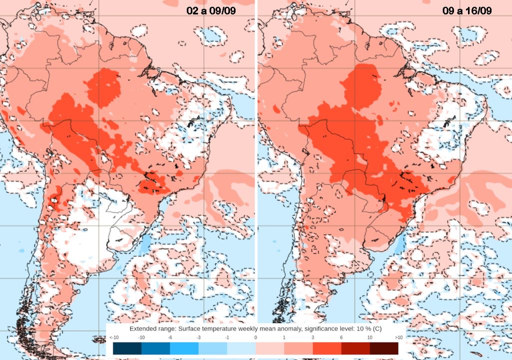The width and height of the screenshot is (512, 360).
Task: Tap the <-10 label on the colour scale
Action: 113,338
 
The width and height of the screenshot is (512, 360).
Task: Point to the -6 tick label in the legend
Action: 170,338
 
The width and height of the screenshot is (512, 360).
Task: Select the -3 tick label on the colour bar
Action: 199,338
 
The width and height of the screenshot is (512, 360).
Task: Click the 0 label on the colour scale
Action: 256,338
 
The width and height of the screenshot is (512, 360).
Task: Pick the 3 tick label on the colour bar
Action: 313,338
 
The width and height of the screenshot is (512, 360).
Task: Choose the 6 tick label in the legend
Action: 341,338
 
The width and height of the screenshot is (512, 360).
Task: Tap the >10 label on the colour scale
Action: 398,338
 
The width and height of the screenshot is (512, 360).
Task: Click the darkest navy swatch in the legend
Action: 127,348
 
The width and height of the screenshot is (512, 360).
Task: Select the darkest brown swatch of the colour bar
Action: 384,348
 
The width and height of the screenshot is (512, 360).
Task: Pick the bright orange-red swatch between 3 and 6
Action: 327,348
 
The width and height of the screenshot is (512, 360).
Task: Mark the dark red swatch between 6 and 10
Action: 355,348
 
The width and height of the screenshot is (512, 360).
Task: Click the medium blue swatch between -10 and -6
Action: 156,348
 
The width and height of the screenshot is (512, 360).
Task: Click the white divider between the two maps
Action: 256,150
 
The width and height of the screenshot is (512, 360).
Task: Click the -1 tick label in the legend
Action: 227,338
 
